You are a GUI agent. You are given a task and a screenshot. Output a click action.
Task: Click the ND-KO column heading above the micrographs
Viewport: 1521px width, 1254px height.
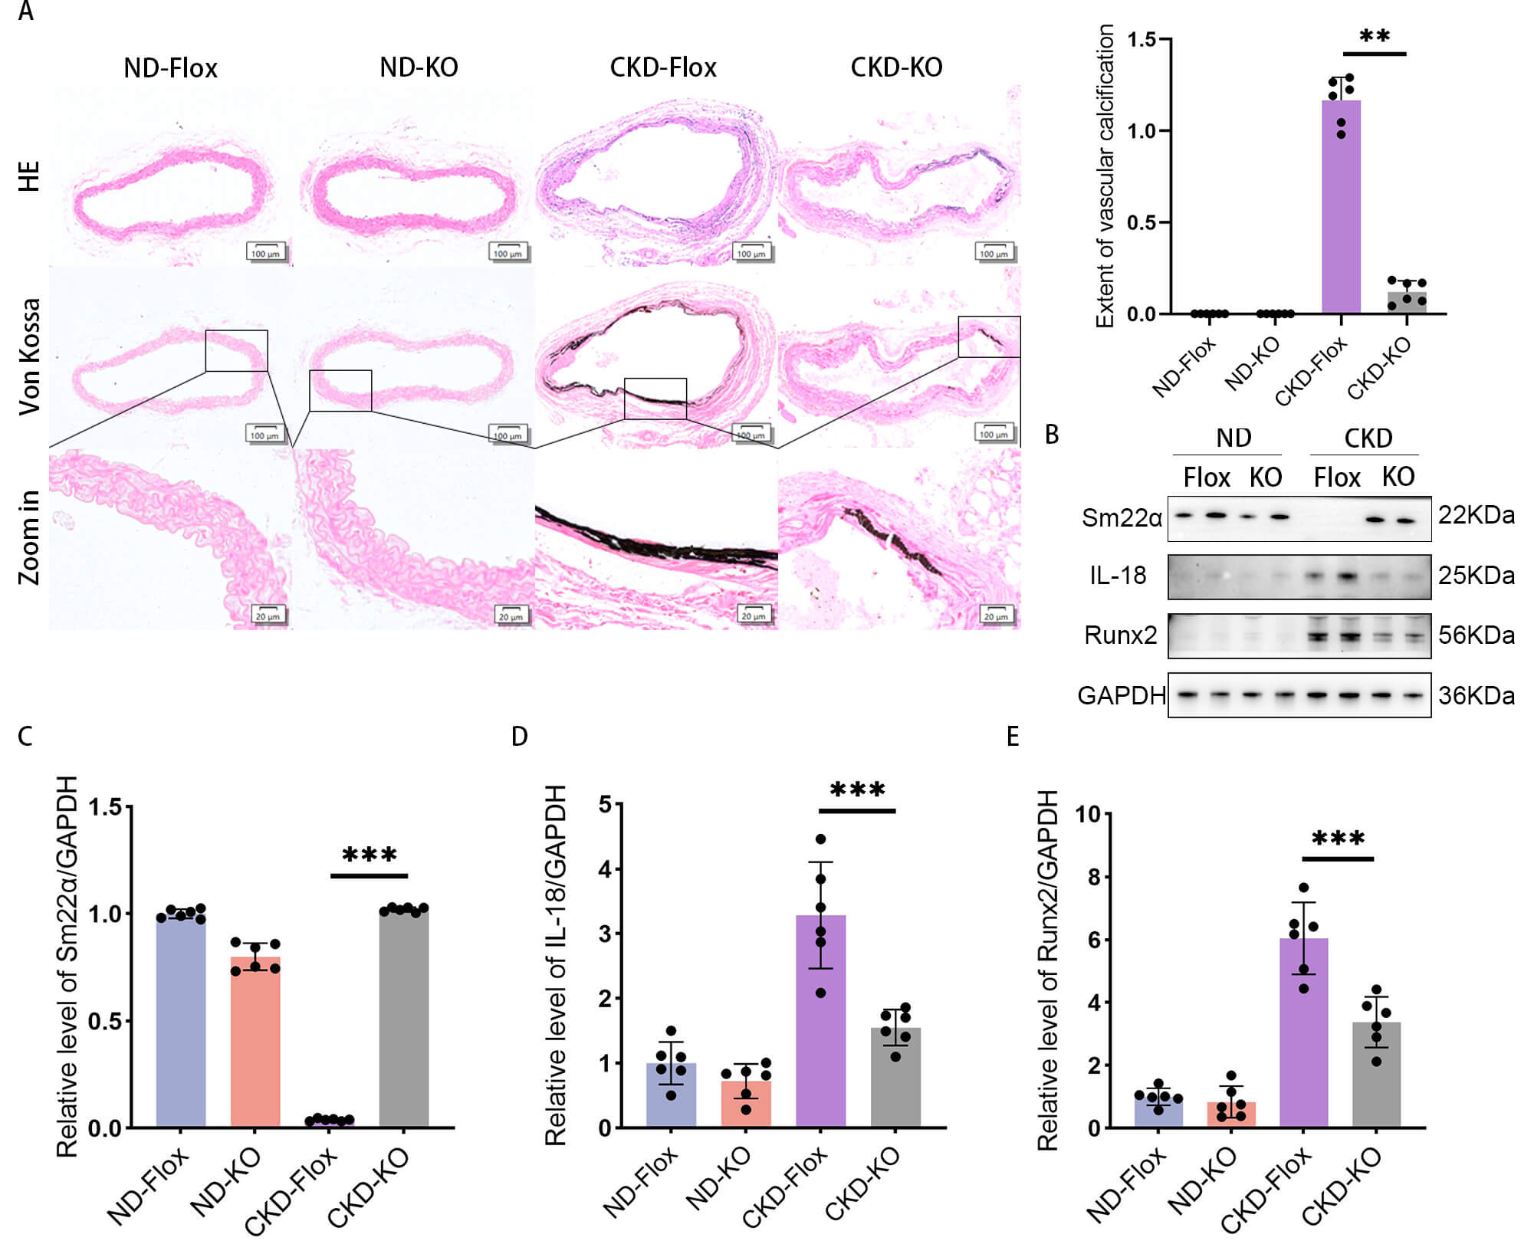419,67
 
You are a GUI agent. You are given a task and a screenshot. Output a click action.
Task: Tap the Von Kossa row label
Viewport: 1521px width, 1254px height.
29,356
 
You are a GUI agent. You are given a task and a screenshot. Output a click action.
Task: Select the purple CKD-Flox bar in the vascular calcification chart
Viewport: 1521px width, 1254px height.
1341,207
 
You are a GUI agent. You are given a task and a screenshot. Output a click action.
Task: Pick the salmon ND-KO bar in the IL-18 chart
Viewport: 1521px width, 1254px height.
746,1104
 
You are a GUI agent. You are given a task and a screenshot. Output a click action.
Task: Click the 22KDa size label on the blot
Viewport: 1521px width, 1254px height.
1475,515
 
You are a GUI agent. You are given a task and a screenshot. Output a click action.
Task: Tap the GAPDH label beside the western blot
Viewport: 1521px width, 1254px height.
1121,695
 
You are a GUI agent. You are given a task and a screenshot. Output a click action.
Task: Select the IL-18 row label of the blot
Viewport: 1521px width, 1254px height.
1118,575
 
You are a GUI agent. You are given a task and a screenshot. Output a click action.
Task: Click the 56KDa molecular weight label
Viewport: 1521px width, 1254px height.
1475,635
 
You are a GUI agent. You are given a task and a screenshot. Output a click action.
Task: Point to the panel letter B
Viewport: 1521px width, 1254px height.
1052,435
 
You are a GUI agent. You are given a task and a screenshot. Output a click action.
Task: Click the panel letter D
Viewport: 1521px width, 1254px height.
520,737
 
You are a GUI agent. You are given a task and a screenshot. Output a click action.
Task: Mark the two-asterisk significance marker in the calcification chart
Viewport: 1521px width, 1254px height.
1375,36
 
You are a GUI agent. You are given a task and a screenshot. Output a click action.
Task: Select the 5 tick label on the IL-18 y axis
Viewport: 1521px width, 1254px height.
606,805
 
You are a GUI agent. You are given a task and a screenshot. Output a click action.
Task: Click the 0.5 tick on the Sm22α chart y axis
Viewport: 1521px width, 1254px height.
105,1021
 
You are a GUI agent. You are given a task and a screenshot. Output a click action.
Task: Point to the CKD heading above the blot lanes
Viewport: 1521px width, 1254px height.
1368,438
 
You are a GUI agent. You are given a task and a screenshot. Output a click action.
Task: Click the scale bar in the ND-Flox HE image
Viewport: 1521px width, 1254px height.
265,252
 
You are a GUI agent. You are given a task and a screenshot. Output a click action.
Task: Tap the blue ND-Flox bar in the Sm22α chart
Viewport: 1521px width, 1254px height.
181,1019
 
